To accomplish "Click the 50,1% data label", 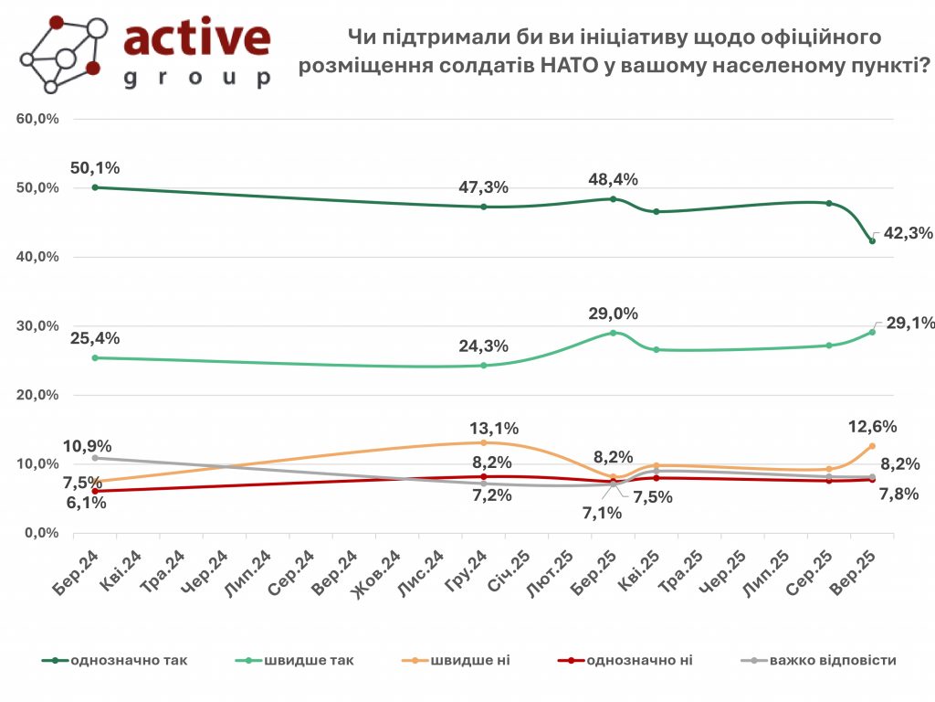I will point(95,168).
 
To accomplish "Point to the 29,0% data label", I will point(614,314).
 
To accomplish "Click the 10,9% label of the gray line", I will point(88,446).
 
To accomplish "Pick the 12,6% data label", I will point(871,426).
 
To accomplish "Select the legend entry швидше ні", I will point(455,660).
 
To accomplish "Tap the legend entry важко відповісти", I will point(832,660).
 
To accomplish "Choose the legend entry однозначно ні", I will point(638,660).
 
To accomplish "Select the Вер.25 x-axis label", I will point(858,573).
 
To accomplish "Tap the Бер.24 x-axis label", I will point(79,573).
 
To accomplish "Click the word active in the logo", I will point(196,39).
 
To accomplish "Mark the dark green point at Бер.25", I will point(614,198).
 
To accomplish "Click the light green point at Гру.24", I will point(484,365).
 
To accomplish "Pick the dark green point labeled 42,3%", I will point(872,240).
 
